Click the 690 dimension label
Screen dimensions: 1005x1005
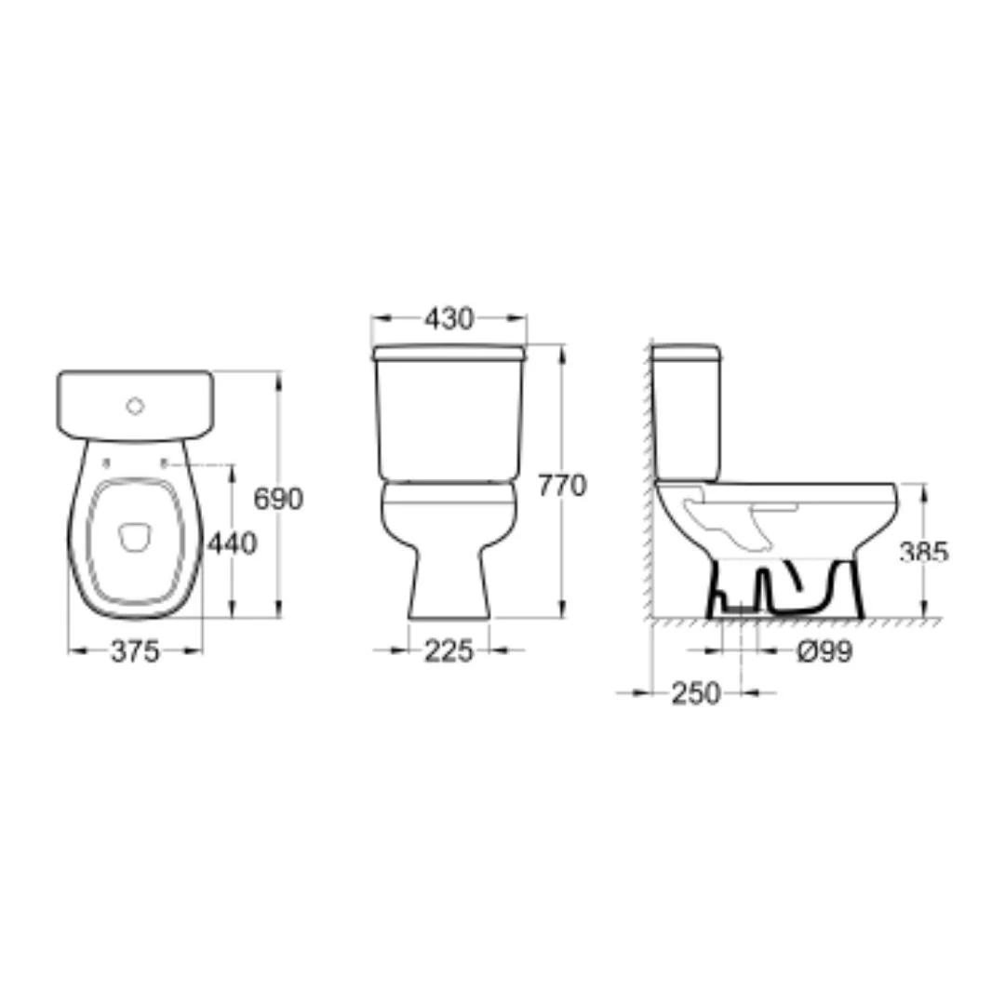coord(278,500)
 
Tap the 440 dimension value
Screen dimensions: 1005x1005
coord(232,543)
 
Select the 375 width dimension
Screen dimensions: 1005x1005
coord(135,651)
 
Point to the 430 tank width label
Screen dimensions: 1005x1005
coord(449,318)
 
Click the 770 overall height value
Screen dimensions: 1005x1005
coord(562,486)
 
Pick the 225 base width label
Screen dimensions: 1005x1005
coord(449,651)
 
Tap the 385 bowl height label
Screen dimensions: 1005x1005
coord(924,552)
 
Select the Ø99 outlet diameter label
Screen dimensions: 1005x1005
coord(824,652)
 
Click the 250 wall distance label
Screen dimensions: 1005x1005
coord(696,693)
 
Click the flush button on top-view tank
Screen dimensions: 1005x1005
coord(135,406)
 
